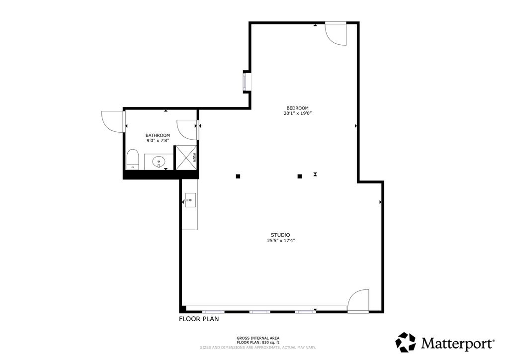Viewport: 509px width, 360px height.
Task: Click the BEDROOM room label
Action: point(297,108)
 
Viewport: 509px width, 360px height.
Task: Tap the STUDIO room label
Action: point(280,235)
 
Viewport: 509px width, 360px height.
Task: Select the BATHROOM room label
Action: point(158,135)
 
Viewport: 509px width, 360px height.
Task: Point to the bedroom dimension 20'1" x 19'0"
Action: point(298,113)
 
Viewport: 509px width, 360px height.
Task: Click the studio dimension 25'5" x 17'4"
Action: point(281,241)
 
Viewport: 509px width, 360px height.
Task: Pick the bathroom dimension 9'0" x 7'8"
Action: point(158,141)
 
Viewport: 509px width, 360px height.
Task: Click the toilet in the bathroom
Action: point(132,160)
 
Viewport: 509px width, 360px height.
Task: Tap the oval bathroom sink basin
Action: point(159,161)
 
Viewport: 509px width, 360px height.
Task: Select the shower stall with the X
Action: point(186,158)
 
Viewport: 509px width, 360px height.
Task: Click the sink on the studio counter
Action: point(190,200)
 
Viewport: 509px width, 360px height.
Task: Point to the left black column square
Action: point(238,176)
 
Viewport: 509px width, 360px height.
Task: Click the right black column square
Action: point(300,176)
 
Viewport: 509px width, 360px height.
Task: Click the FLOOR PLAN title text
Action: point(199,319)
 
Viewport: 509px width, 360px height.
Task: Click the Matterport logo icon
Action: point(406,342)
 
